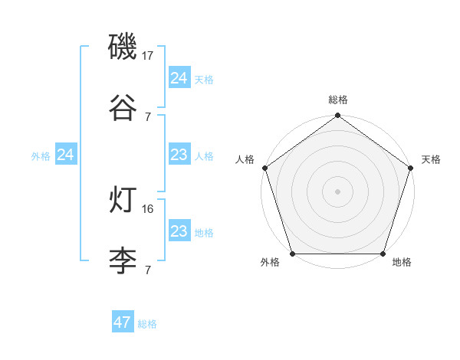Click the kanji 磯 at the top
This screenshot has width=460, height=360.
coord(123,47)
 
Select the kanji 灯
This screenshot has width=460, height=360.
coord(123,201)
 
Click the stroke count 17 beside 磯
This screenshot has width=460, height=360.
coord(149,56)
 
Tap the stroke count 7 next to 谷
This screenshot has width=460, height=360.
coord(147,116)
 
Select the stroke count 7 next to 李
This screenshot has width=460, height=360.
coord(147,270)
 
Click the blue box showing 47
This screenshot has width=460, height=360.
coord(123,322)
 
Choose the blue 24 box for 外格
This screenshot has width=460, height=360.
coord(66,155)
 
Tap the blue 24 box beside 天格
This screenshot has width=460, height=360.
coord(179,78)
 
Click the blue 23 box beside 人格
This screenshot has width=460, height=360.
coord(179,155)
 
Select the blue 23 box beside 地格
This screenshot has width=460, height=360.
coord(179,232)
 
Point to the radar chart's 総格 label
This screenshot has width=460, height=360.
coord(338,100)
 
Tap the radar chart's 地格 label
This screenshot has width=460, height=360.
coord(402,263)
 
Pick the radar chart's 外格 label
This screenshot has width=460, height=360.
coord(270,263)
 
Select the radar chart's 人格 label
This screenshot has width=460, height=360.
coord(245,159)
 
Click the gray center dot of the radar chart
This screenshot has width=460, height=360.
coord(338,191)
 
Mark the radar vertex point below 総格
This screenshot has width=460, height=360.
coord(338,116)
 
